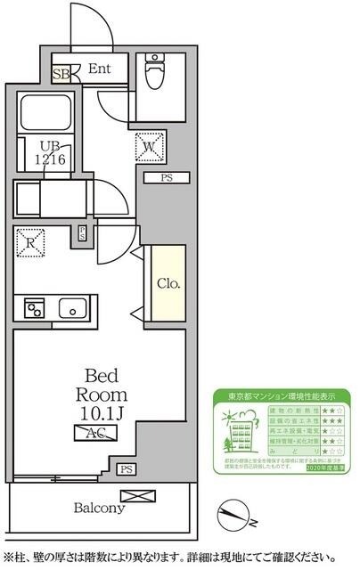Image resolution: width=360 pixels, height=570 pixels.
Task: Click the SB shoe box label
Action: coord(61,74)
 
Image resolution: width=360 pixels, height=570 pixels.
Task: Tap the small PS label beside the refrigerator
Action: coord(82,233)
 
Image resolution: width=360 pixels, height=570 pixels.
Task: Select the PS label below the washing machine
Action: coord(166,178)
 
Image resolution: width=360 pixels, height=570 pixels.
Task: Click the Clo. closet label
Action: coord(168,284)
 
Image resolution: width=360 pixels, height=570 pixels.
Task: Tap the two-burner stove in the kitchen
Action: coord(35,309)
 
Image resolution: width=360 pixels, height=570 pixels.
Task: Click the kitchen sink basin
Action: coord(71,308)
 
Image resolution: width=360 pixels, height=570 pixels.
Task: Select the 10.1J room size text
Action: coord(105,412)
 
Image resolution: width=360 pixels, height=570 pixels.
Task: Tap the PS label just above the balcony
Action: coord(127,469)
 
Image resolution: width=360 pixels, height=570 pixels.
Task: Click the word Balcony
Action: coord(98,509)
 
